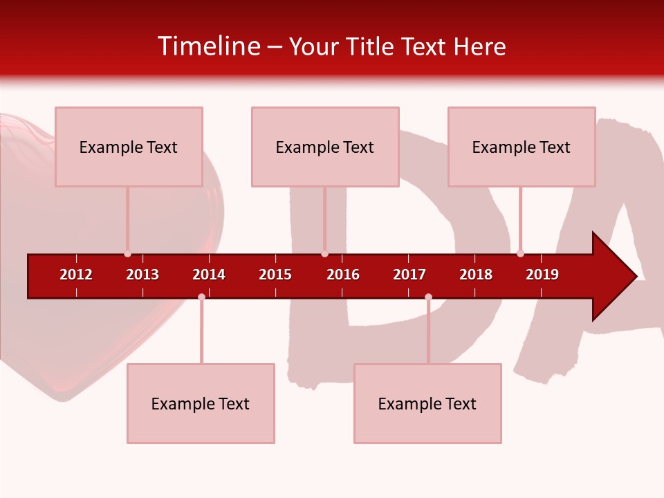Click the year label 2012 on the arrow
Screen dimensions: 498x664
(76, 275)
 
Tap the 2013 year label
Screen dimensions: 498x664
(142, 275)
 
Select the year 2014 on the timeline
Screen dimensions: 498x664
(209, 275)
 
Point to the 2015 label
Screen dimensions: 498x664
(275, 275)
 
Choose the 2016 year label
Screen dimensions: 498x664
(343, 275)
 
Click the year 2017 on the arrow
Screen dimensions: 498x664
(409, 275)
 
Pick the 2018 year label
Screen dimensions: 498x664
(476, 275)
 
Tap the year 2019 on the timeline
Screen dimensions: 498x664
(542, 275)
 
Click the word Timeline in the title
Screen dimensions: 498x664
(208, 46)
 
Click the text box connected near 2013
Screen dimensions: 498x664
(129, 147)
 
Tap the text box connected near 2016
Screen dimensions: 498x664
(325, 147)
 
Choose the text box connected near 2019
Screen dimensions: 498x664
(522, 147)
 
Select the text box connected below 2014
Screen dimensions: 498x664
(201, 403)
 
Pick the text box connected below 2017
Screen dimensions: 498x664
(427, 403)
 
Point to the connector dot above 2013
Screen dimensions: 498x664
(127, 254)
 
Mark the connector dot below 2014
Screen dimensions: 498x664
(201, 297)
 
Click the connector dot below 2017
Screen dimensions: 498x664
(428, 297)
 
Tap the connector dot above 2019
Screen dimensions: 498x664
(520, 254)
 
